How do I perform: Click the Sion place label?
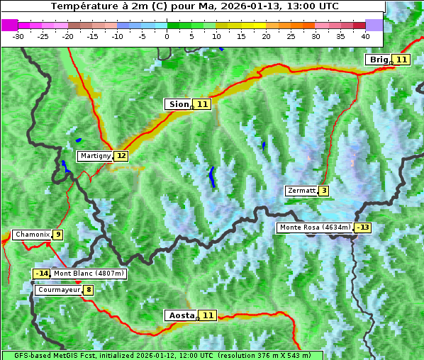click(x=179, y=104)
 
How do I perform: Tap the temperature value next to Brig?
click(x=401, y=60)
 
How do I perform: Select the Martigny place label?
click(x=96, y=156)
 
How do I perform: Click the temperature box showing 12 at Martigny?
click(x=121, y=156)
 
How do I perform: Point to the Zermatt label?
click(x=301, y=191)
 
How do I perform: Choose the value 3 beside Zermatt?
click(x=324, y=191)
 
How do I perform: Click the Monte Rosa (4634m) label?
click(x=315, y=227)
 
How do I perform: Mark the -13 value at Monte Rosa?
click(x=363, y=227)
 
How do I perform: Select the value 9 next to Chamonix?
click(x=57, y=235)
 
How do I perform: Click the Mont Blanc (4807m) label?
click(x=89, y=274)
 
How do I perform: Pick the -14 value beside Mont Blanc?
click(x=42, y=274)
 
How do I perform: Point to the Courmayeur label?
click(x=59, y=290)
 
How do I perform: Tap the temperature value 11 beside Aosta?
click(x=208, y=315)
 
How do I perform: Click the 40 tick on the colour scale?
click(x=365, y=36)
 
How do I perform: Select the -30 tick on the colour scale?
click(x=18, y=36)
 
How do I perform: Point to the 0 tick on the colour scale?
click(x=167, y=36)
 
